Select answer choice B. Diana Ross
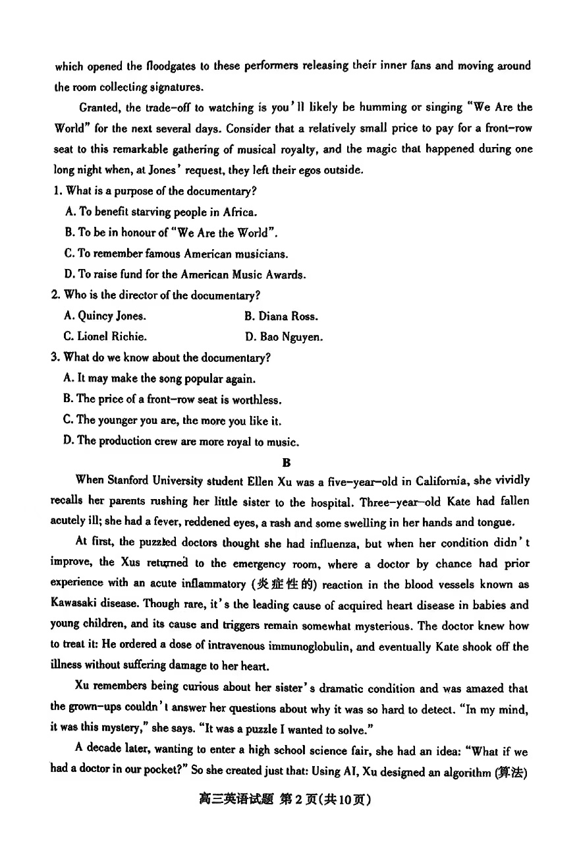[x=281, y=316]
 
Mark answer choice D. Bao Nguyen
[x=284, y=337]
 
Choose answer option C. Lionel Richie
[x=105, y=337]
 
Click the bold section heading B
[x=287, y=463]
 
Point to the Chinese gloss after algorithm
[x=512, y=773]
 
